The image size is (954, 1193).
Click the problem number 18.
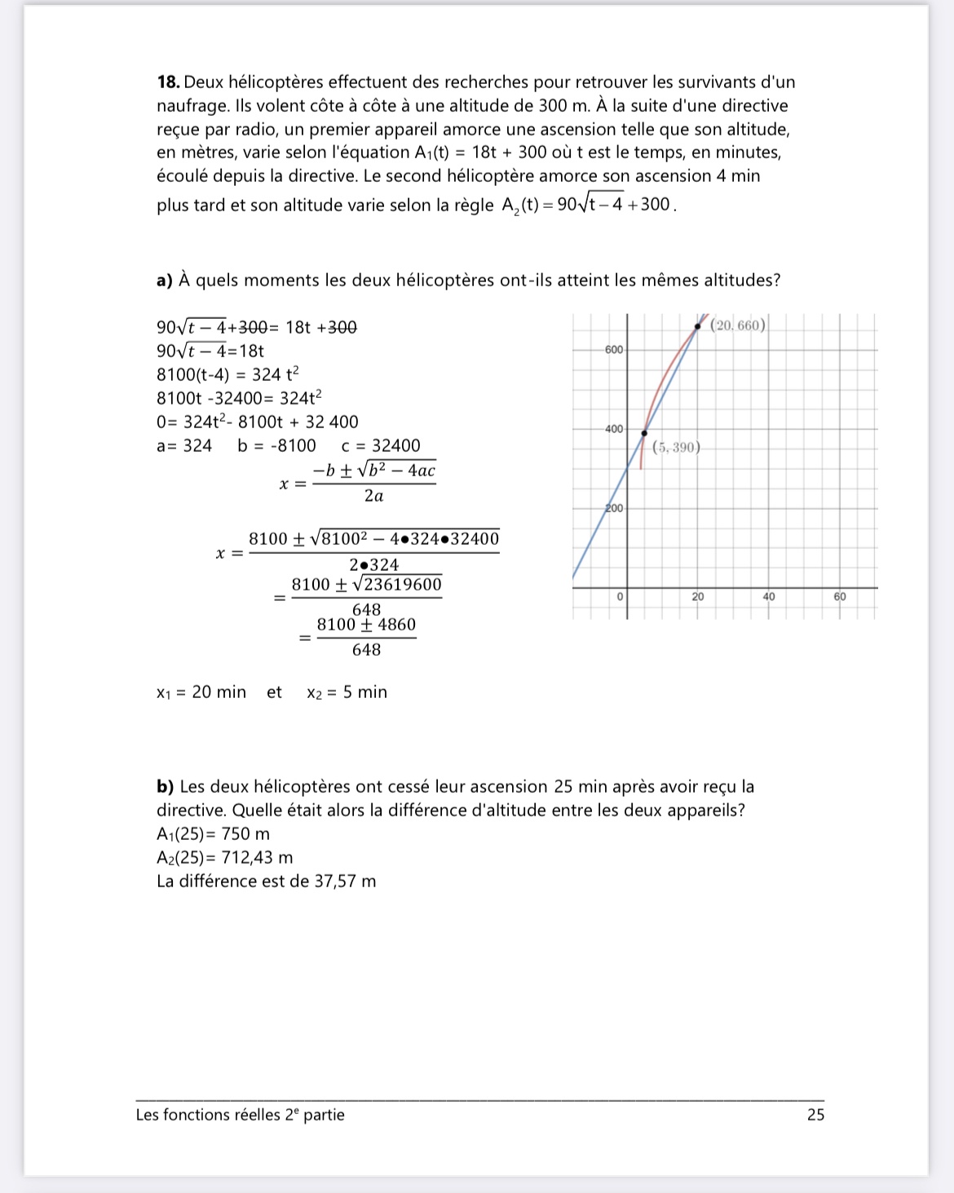coord(168,82)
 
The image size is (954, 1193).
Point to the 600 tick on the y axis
coord(613,350)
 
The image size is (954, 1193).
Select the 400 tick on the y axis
coord(613,429)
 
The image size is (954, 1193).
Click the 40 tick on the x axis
coord(769,597)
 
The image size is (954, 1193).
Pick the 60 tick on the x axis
coord(840,597)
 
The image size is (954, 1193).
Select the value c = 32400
coord(381,446)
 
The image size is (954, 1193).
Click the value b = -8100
coord(276,446)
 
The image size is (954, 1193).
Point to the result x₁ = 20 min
coord(201,692)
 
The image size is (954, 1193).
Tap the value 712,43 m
coord(257,858)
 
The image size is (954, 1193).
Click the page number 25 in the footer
coord(815,1115)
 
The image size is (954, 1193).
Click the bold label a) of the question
coord(165,281)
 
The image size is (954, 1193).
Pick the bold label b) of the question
coord(166,787)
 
